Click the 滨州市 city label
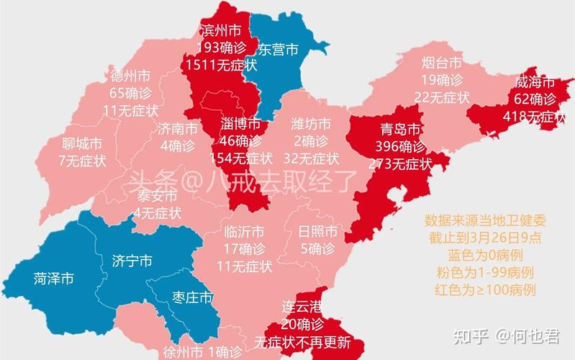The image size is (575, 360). [220, 30]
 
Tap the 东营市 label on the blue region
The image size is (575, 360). [277, 50]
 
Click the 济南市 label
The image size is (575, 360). [177, 130]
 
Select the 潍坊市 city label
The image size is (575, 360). [311, 124]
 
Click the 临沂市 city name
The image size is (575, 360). [244, 232]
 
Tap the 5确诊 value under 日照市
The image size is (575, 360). [317, 249]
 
